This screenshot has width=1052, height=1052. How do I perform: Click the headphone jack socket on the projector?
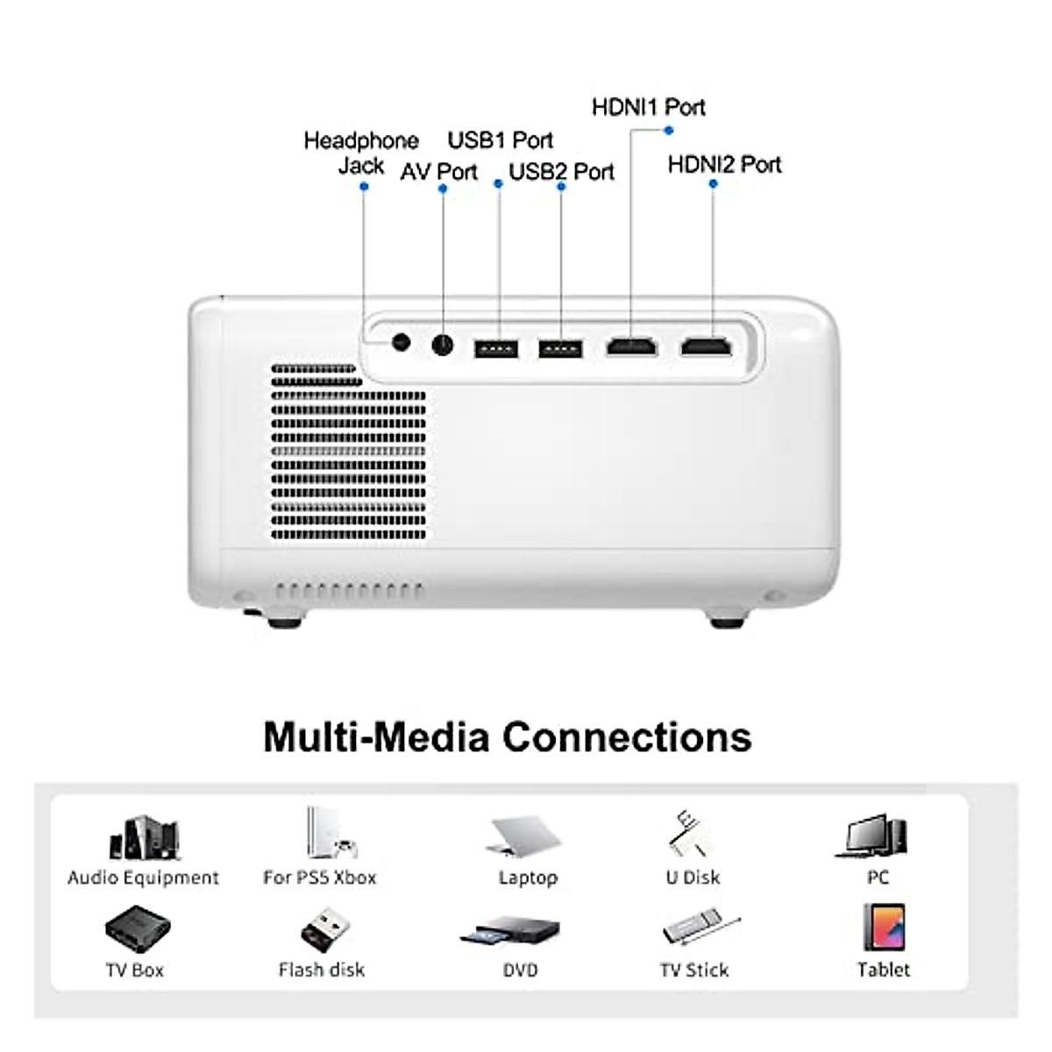[x=402, y=342]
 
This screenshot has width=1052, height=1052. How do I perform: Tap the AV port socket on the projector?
[x=443, y=345]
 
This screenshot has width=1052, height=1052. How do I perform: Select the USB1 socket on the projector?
[x=496, y=349]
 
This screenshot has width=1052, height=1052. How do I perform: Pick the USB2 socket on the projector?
[x=560, y=349]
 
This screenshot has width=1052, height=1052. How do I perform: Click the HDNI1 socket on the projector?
[x=631, y=347]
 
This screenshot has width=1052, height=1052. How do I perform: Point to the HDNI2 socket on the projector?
[x=707, y=347]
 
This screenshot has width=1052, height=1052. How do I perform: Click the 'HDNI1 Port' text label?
[x=649, y=107]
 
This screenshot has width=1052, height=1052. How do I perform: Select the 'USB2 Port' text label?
[x=561, y=172]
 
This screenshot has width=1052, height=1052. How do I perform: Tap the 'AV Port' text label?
[x=438, y=172]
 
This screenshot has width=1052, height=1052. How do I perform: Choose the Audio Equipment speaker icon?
[x=144, y=838]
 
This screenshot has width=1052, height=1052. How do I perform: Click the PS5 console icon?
[x=329, y=833]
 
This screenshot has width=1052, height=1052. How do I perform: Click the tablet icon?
[x=884, y=928]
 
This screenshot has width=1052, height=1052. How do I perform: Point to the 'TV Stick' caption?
[x=693, y=970]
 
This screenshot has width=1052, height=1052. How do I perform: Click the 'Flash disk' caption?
[x=321, y=970]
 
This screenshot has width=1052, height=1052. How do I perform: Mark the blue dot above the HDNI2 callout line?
[x=713, y=184]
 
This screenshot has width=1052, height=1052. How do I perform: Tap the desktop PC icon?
[x=873, y=836]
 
